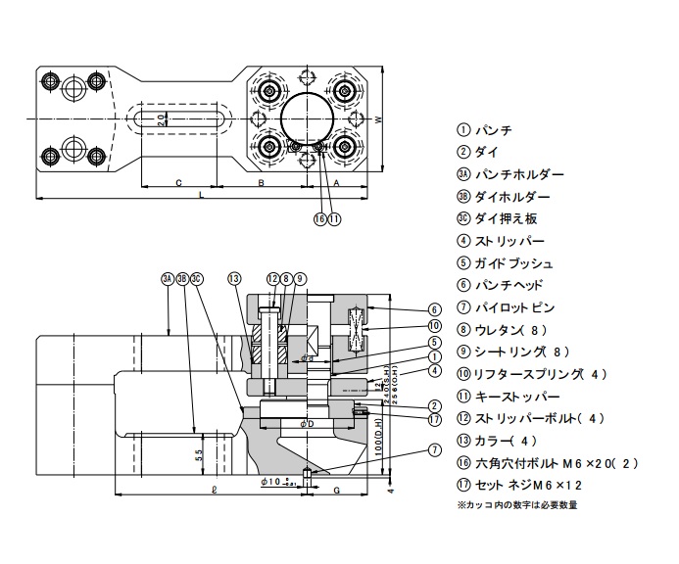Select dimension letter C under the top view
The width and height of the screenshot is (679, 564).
(x=177, y=183)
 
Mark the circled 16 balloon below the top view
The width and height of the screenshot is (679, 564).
(x=319, y=219)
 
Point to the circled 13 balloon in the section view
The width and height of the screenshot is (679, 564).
(x=233, y=279)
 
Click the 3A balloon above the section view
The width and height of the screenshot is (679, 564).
(x=168, y=279)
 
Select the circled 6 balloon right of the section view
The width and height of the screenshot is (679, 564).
(x=435, y=309)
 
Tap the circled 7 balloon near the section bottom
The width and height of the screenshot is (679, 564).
(x=435, y=449)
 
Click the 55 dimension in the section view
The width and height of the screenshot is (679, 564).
(x=199, y=456)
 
